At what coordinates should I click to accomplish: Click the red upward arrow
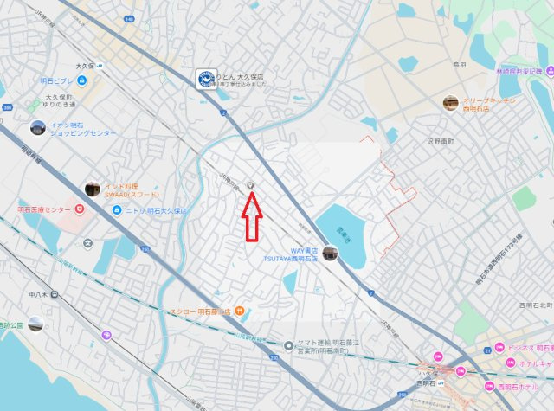point(252,215)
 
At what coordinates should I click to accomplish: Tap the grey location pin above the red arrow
point(251,185)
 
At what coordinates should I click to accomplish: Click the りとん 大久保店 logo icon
point(205,79)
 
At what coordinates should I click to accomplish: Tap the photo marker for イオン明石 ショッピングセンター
point(37,129)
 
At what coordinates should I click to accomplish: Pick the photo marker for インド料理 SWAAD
point(92,189)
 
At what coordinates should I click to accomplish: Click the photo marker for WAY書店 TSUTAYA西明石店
point(331,253)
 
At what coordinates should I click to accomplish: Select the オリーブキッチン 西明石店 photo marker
point(450,103)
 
